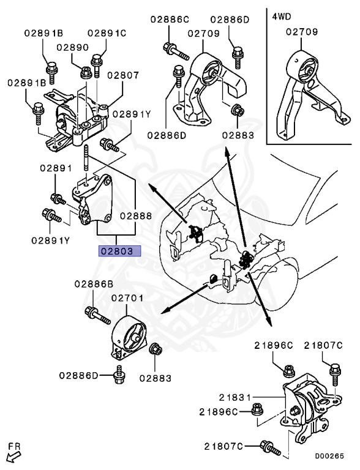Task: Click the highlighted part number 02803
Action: pyautogui.click(x=121, y=251)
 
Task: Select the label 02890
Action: pyautogui.click(x=73, y=47)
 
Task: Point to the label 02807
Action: pyautogui.click(x=123, y=76)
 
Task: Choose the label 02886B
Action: pyautogui.click(x=94, y=284)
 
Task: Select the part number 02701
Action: pyautogui.click(x=127, y=299)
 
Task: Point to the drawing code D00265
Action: pyautogui.click(x=329, y=456)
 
